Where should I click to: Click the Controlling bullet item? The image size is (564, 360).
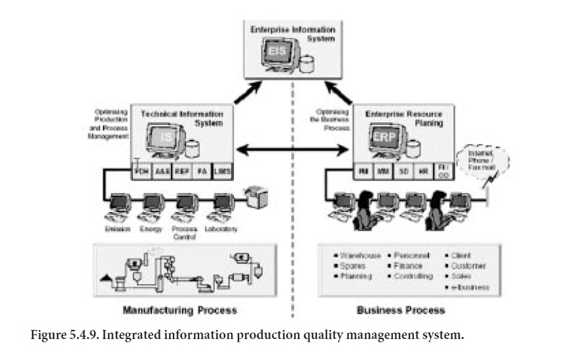coord(413,277)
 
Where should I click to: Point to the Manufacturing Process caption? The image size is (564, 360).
coord(179,310)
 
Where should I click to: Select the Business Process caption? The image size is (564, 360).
coord(400,310)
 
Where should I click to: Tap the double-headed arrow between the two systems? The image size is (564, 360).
coord(291,151)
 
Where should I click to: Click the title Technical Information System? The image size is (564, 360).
coord(182,118)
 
